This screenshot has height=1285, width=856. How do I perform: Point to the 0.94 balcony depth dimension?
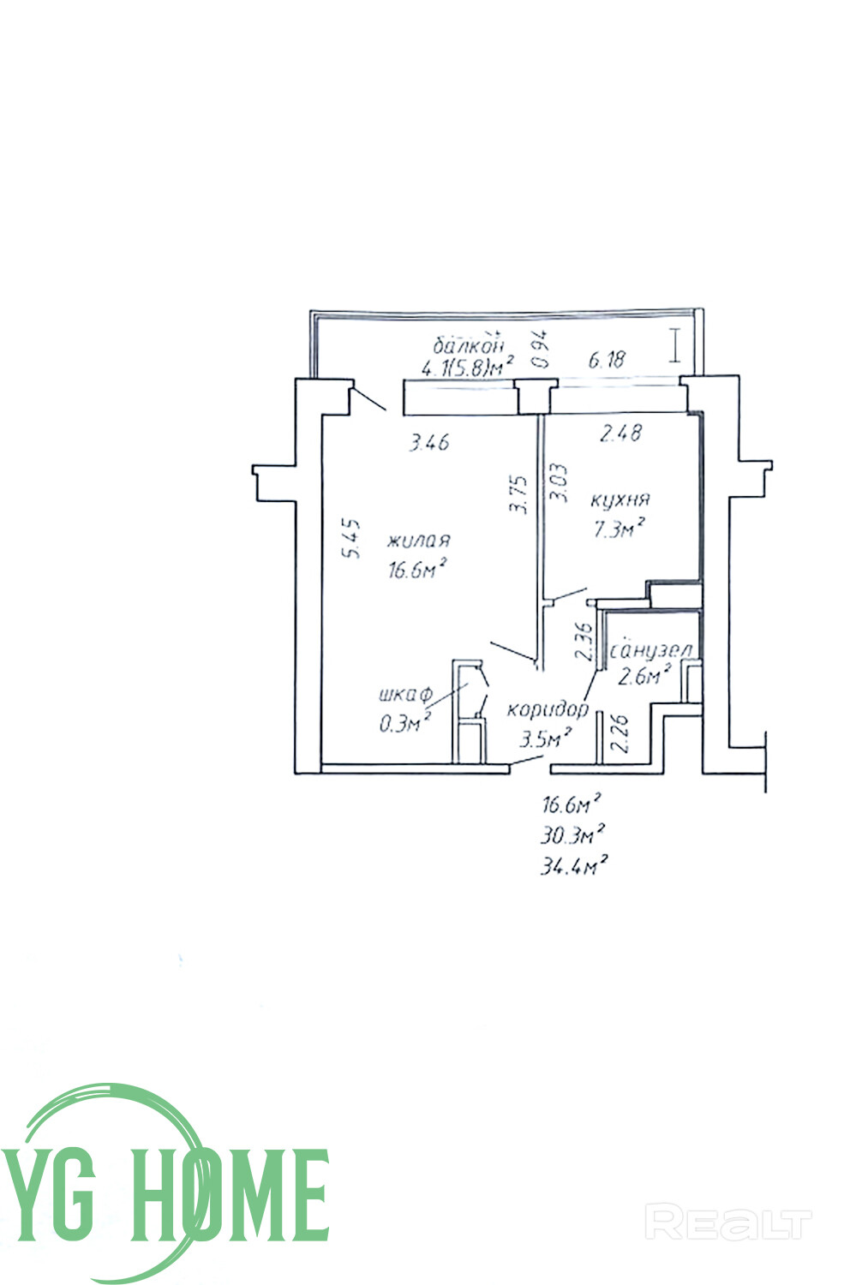[x=540, y=350]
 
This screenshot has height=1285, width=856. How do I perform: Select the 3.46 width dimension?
[x=429, y=442]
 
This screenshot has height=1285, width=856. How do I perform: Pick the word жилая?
[x=419, y=541]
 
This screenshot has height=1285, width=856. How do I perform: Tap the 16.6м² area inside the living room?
[x=419, y=569]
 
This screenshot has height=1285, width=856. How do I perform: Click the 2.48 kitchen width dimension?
[x=621, y=433]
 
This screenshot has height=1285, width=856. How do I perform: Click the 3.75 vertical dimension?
[x=518, y=494]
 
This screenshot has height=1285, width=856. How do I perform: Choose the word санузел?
[x=651, y=651]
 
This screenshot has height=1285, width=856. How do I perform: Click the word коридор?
[x=548, y=709]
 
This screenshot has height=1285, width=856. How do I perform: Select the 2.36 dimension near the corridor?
[x=584, y=641]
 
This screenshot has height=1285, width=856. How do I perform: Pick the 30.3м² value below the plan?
[x=573, y=834]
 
